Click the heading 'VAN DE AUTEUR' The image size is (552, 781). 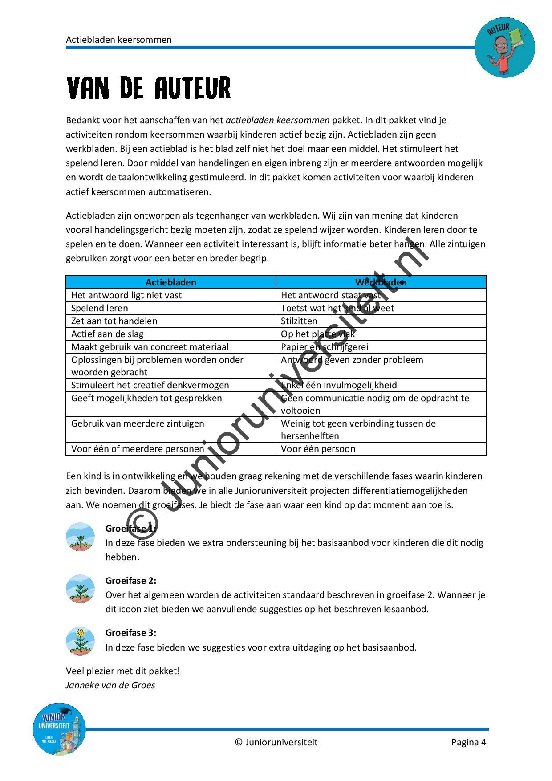pyautogui.click(x=149, y=88)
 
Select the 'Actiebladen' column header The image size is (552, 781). pyautogui.click(x=170, y=282)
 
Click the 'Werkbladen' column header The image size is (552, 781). pyautogui.click(x=381, y=282)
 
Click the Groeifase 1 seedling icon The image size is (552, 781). pyautogui.click(x=80, y=537)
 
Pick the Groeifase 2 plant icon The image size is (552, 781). pyautogui.click(x=80, y=589)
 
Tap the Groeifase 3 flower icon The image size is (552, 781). pyautogui.click(x=80, y=641)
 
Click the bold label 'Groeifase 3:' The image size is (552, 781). pyautogui.click(x=131, y=633)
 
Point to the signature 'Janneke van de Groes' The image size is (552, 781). pyautogui.click(x=110, y=685)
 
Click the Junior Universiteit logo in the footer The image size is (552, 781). pyautogui.click(x=59, y=729)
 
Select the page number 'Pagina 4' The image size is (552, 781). pyautogui.click(x=468, y=742)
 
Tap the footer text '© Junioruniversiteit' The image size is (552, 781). pyautogui.click(x=276, y=742)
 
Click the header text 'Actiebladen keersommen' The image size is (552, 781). pyautogui.click(x=119, y=40)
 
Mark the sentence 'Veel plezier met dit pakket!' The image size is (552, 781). pyautogui.click(x=123, y=671)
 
